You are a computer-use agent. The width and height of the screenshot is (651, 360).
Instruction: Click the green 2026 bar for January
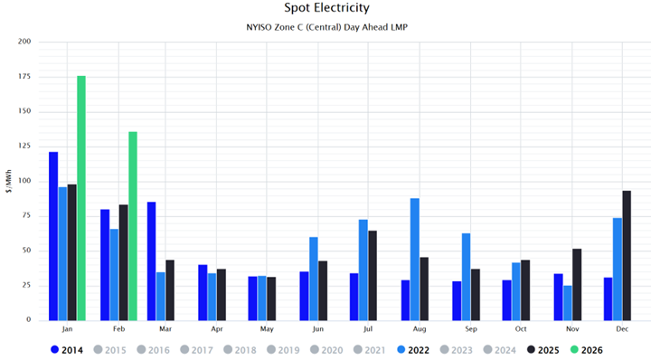pos(81,198)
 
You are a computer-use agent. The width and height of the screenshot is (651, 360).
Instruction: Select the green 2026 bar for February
pos(133,226)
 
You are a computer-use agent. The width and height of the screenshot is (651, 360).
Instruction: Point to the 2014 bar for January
pos(53,236)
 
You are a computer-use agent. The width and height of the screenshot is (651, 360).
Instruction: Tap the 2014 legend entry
pos(67,349)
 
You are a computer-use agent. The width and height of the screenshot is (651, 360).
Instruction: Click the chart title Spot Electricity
pos(325,8)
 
